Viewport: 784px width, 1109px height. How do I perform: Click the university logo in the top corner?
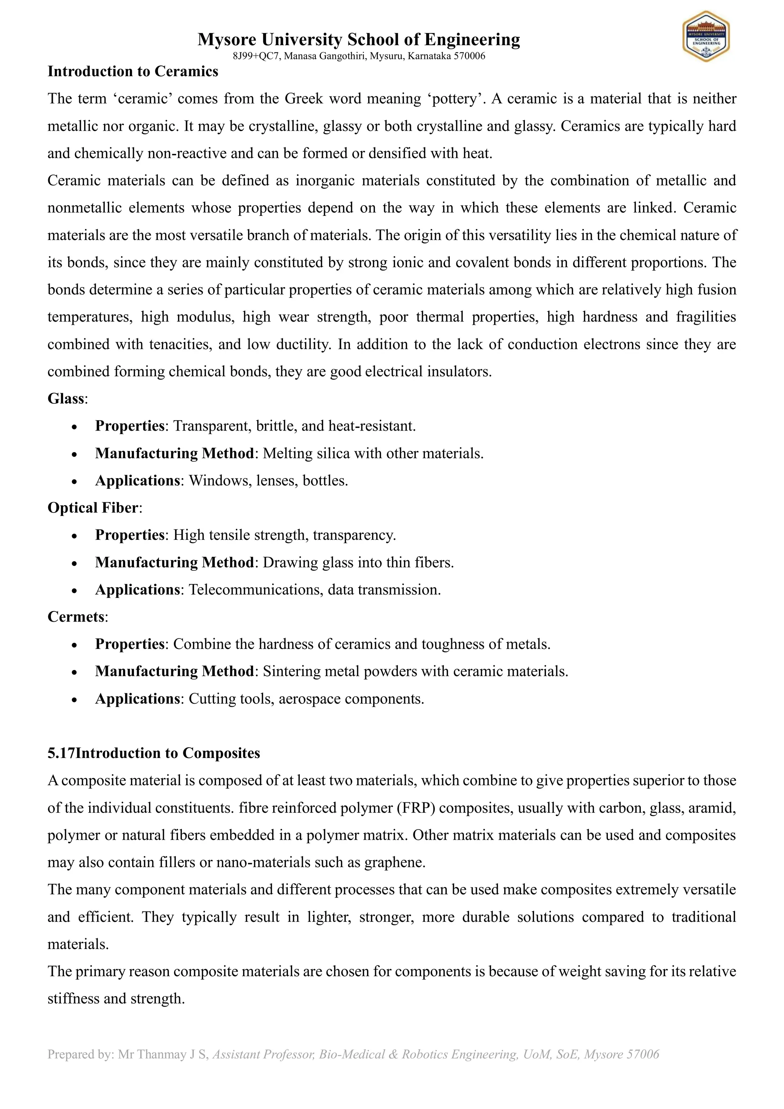[706, 36]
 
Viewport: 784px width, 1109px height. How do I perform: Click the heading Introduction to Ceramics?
[133, 72]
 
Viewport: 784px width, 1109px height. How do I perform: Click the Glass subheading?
[66, 399]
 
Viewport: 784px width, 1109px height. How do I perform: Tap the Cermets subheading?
[76, 617]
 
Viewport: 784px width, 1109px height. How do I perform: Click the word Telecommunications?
[255, 590]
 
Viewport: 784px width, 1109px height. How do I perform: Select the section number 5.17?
[61, 753]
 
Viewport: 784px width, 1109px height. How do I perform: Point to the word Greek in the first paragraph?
[303, 98]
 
